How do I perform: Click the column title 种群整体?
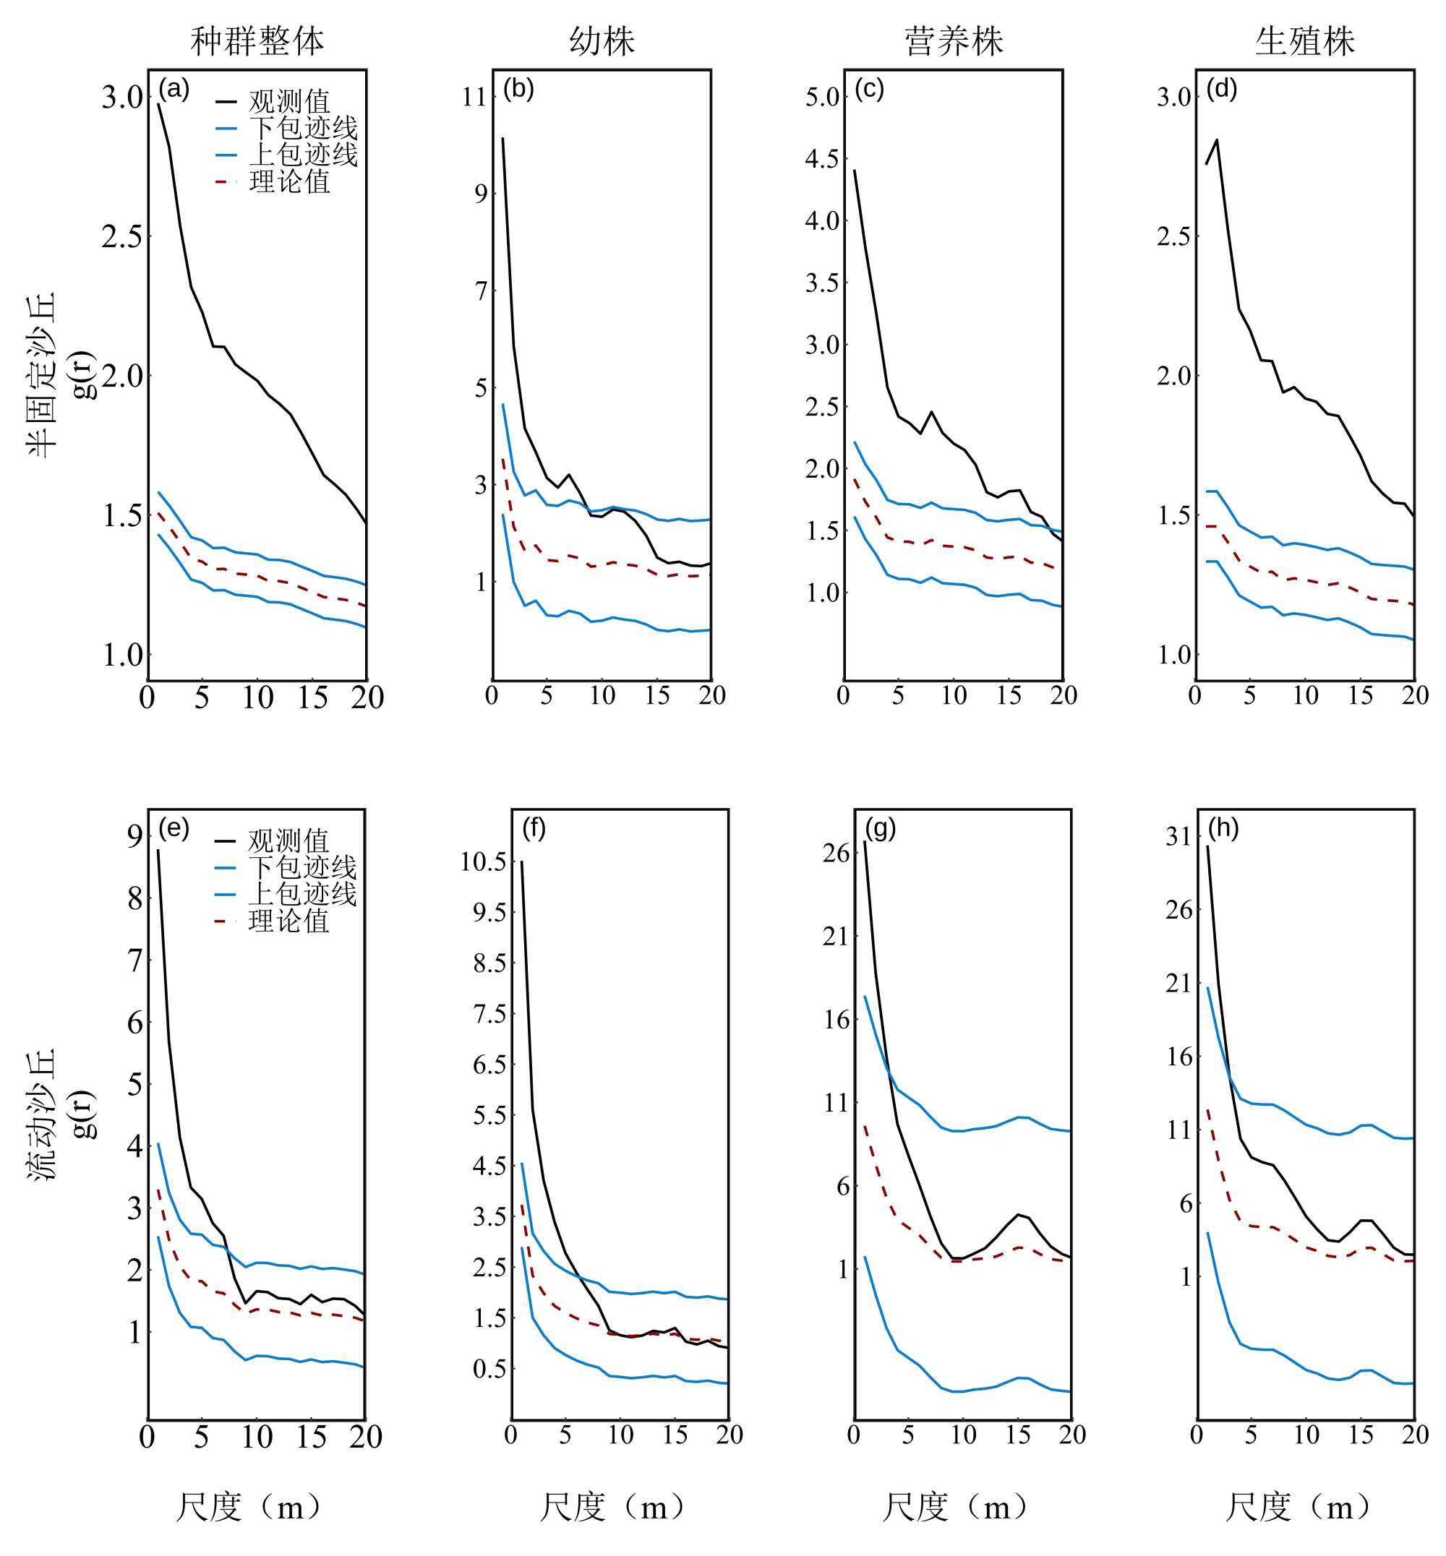(x=257, y=40)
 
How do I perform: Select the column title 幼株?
(x=602, y=40)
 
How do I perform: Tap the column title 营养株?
(x=953, y=40)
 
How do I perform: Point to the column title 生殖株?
(x=1304, y=40)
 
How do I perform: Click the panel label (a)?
(x=174, y=89)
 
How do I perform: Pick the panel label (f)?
(x=534, y=828)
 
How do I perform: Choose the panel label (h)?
(x=1223, y=828)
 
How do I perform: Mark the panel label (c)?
(x=869, y=89)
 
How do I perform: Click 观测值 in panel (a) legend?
(x=289, y=102)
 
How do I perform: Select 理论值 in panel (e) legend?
(x=288, y=921)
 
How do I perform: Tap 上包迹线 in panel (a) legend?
(x=303, y=154)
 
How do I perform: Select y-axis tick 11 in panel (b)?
(x=475, y=98)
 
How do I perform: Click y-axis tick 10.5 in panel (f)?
(x=483, y=861)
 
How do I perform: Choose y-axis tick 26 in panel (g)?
(x=836, y=853)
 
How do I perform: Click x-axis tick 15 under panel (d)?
(x=1360, y=695)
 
